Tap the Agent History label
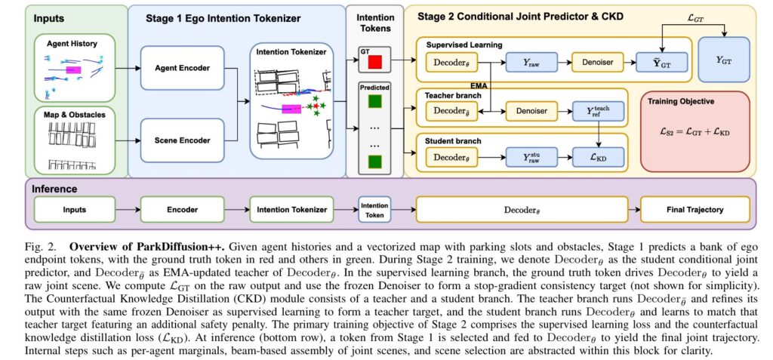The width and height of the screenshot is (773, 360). (x=72, y=44)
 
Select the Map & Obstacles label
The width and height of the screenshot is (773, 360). (x=72, y=115)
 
